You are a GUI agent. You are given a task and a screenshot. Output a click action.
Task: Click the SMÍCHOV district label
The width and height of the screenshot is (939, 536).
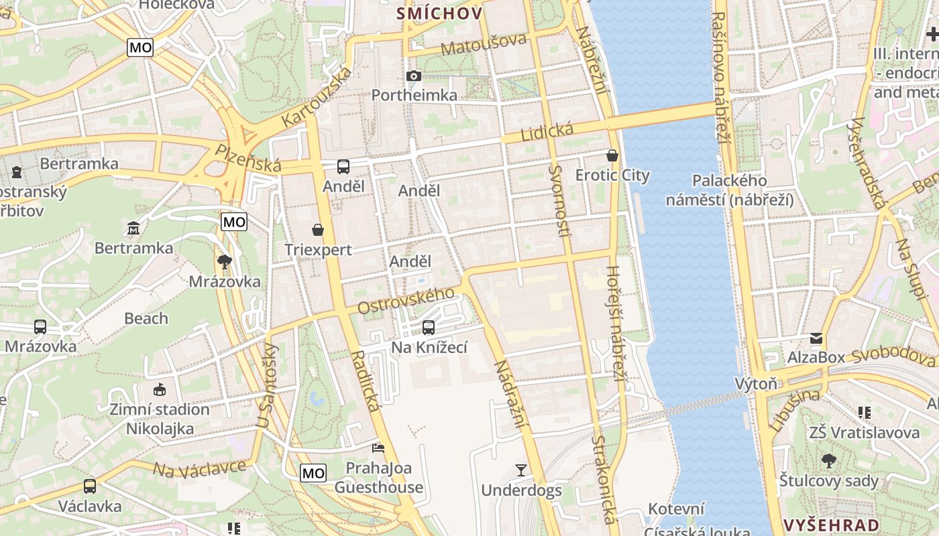coord(439,13)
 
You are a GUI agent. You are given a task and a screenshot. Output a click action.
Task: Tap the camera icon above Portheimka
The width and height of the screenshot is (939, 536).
coord(414,76)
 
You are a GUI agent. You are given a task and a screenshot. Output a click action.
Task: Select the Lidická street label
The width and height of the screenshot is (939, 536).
coord(537,131)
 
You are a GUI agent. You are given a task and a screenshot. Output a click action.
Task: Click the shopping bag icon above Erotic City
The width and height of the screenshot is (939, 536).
coord(612,155)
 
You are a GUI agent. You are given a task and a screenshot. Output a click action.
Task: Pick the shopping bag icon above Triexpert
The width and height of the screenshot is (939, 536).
coord(318,230)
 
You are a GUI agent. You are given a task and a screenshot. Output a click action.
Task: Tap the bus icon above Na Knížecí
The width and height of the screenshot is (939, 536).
coord(429,328)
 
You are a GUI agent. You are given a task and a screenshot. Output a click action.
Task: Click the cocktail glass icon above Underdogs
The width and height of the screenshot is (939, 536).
coord(521,470)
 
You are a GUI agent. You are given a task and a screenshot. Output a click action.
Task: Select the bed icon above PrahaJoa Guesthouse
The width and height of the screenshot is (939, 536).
coord(378,447)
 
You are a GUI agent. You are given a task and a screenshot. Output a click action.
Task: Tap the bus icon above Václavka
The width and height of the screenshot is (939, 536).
coord(90,486)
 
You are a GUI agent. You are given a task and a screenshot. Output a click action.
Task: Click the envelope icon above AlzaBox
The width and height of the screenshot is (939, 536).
coord(816,338)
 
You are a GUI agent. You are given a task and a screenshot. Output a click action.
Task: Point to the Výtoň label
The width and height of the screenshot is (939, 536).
coord(756,384)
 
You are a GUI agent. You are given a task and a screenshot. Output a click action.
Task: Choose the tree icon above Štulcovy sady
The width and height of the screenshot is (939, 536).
coord(829,461)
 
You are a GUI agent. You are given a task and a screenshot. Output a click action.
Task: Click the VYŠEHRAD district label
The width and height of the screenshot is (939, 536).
coord(831,525)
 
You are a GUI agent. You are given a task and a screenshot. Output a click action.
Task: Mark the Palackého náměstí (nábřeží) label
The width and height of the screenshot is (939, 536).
coord(730,190)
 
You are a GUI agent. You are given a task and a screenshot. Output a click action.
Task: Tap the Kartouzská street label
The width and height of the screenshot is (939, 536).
coord(317,97)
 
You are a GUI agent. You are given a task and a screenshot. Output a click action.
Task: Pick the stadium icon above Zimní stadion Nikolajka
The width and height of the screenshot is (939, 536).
coord(160,389)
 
